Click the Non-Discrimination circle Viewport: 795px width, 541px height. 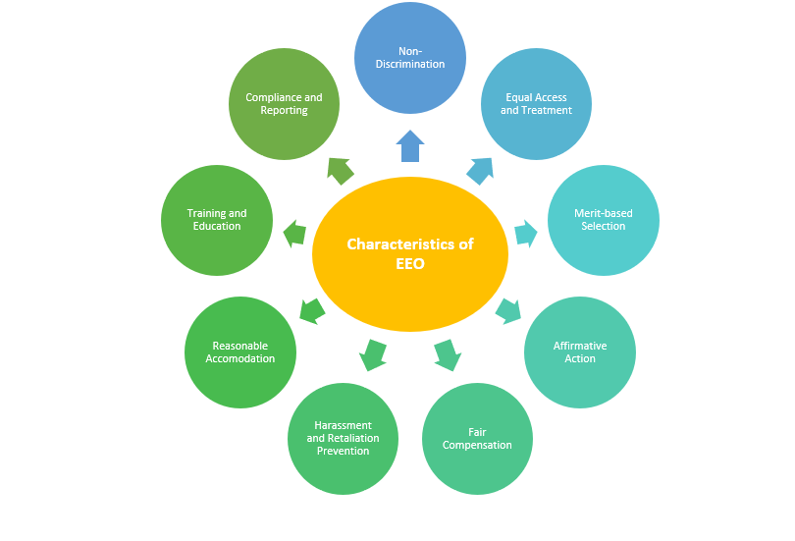click(x=409, y=57)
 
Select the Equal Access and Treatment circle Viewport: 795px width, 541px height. click(x=536, y=104)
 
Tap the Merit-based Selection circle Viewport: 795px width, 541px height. click(x=603, y=220)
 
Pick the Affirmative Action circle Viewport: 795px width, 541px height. click(x=580, y=352)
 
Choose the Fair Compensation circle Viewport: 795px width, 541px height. click(x=477, y=438)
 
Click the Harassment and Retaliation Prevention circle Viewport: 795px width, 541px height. click(x=343, y=439)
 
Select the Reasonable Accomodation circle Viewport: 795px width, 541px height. click(x=240, y=352)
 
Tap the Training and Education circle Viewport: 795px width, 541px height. click(x=217, y=220)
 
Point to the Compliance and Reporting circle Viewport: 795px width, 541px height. click(x=284, y=104)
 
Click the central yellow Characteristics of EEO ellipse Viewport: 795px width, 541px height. click(x=409, y=253)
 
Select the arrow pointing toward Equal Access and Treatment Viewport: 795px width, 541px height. click(x=480, y=170)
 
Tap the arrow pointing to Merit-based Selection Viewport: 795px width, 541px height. click(x=526, y=233)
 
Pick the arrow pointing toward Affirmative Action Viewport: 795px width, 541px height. click(x=507, y=310)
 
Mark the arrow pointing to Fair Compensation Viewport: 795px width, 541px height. click(x=447, y=353)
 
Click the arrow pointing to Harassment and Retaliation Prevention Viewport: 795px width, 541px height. click(x=373, y=354)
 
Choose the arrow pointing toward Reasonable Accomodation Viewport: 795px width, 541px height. click(x=312, y=311)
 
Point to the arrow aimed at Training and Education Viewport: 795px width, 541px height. click(x=294, y=234)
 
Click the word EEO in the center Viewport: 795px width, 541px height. click(x=410, y=264)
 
